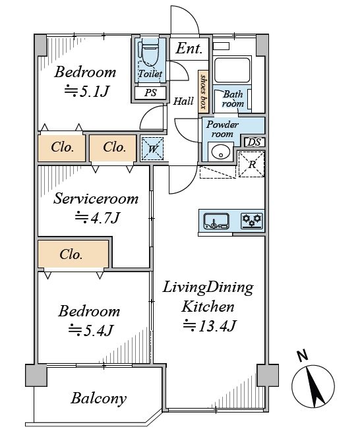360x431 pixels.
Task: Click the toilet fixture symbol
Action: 150,53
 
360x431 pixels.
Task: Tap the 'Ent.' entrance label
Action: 189,49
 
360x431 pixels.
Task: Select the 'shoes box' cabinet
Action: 203,92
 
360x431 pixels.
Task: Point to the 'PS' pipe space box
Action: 150,93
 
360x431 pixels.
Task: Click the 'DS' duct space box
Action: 255,142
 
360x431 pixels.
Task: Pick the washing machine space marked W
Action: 152,149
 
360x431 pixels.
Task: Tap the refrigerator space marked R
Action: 251,164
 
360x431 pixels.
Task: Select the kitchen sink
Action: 216,221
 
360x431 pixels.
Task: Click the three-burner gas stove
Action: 252,221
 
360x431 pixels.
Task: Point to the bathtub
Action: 232,70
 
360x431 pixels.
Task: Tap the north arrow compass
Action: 313,386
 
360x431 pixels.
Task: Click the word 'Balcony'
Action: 99,398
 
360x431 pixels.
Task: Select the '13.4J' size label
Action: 210,326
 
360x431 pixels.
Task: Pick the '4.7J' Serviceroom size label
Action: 98,217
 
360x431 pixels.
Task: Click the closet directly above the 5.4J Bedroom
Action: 73,254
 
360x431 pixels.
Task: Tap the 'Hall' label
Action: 183,101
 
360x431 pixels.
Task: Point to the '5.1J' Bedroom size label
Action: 87,91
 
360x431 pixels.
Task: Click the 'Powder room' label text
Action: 222,129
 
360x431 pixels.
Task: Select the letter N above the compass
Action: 303,356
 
